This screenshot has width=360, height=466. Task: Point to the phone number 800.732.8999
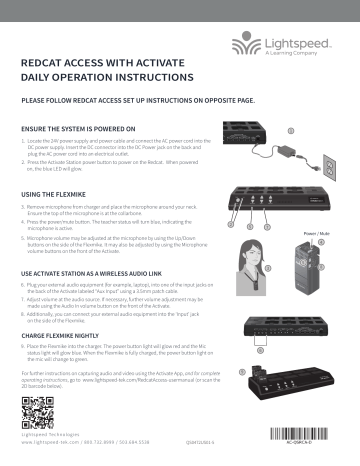[114, 441]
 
